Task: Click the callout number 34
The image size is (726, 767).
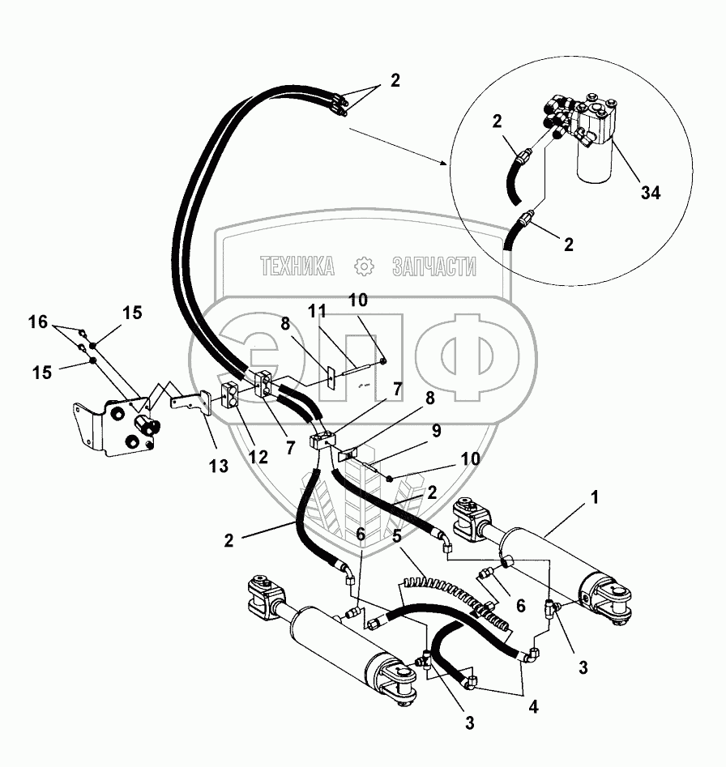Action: pyautogui.click(x=651, y=193)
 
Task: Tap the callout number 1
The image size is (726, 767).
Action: pyautogui.click(x=595, y=499)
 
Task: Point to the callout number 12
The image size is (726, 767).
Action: pyautogui.click(x=258, y=456)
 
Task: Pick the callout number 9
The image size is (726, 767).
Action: pyautogui.click(x=436, y=432)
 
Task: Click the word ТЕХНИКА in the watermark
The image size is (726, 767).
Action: pyautogui.click(x=297, y=266)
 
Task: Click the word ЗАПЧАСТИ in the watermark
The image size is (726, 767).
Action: pyautogui.click(x=435, y=266)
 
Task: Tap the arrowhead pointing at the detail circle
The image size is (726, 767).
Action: pyautogui.click(x=443, y=163)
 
